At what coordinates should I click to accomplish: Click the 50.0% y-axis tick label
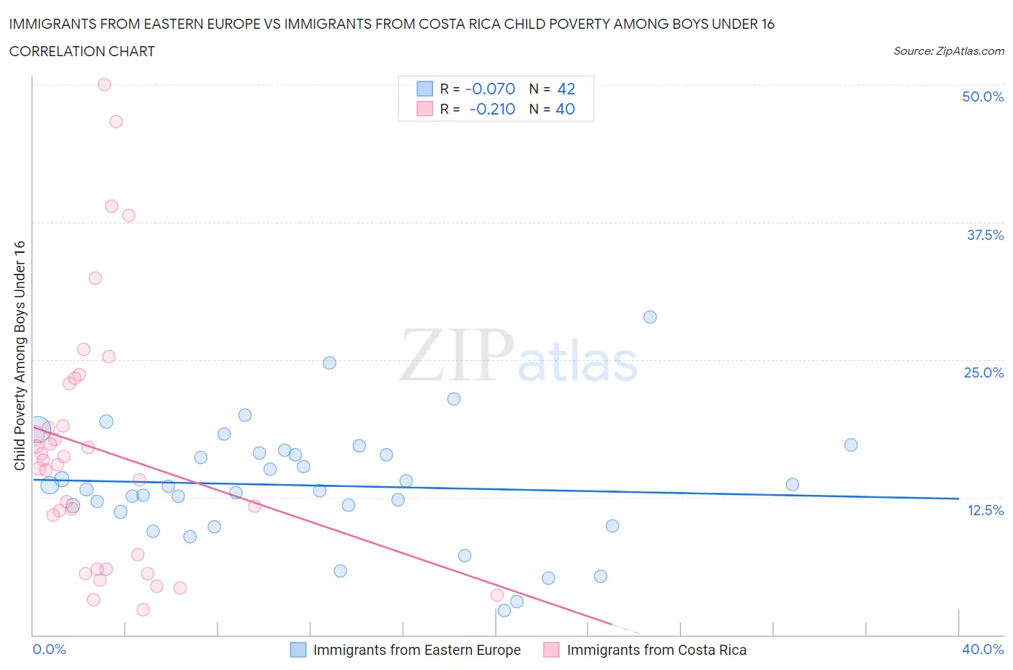(982, 97)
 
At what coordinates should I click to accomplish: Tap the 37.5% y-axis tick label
(984, 235)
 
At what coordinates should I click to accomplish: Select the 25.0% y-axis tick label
(983, 372)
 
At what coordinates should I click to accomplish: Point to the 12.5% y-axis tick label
(985, 510)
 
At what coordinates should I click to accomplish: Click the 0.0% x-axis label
(49, 649)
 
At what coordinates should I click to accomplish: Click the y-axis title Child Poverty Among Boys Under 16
(20, 355)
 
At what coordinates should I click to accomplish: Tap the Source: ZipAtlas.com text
(948, 50)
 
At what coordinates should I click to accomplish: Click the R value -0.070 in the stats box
(490, 89)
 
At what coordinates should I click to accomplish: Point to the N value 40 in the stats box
(565, 109)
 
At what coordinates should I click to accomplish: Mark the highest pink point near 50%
(104, 84)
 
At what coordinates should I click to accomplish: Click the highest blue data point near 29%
(650, 317)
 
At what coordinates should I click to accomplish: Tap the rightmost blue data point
(851, 445)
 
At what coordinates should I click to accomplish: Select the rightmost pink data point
(497, 595)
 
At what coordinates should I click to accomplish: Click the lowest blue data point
(504, 610)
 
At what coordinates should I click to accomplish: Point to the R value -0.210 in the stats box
(491, 109)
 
